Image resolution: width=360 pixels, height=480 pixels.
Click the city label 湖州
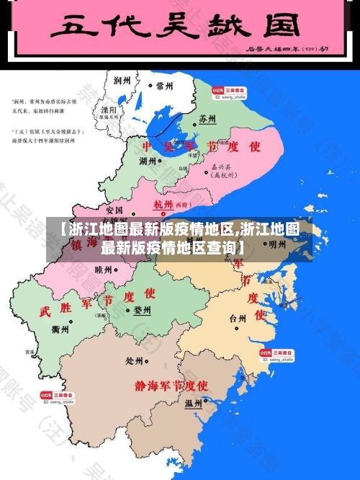click(x=150, y=161)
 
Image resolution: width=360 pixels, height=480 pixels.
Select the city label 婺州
click(x=143, y=311)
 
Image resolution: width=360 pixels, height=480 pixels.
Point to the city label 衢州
click(x=61, y=329)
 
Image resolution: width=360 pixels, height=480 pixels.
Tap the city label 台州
click(x=238, y=318)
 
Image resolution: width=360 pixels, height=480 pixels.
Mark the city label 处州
click(x=135, y=360)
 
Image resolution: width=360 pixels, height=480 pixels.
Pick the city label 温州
click(x=194, y=403)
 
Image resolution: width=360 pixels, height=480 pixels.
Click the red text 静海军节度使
click(x=171, y=386)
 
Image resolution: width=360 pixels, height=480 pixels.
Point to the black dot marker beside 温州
click(x=206, y=401)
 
